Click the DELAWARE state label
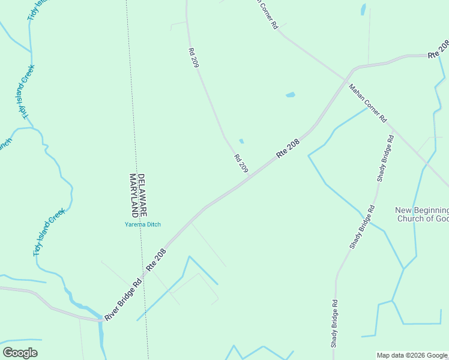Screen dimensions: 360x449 [142, 196]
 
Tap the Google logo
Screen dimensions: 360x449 [20, 353]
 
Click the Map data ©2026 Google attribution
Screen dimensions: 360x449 [412, 355]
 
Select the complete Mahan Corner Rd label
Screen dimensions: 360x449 [367, 103]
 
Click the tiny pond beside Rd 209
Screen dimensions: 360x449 [241, 142]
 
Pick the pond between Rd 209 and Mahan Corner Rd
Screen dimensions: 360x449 [291, 95]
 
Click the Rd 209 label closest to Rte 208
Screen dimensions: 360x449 [241, 164]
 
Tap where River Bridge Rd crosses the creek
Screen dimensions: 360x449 [99, 320]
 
